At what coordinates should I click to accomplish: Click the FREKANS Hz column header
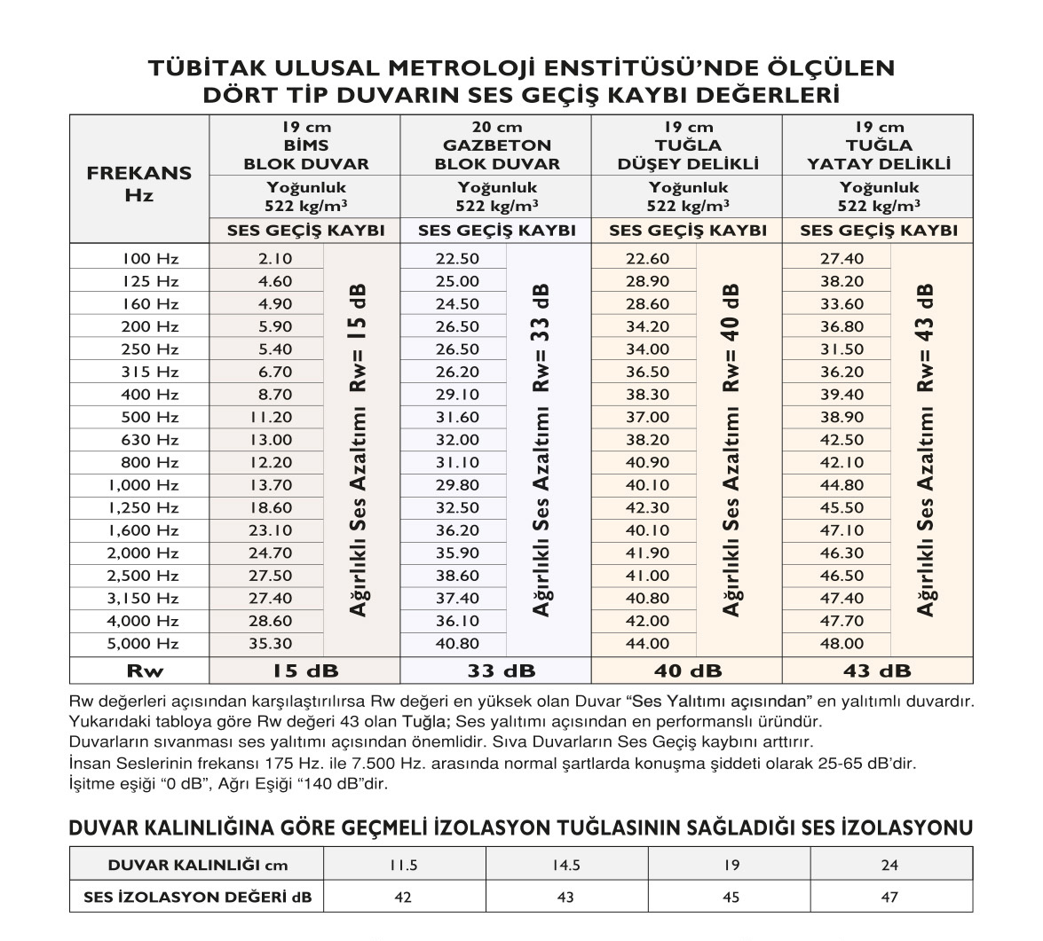click(138, 184)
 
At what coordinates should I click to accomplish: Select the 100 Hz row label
click(150, 259)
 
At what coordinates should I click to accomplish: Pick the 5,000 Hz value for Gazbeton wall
click(457, 644)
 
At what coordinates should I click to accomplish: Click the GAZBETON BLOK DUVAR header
click(496, 145)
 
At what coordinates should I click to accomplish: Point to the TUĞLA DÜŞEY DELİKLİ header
click(688, 145)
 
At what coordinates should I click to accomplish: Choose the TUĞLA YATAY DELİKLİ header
click(878, 145)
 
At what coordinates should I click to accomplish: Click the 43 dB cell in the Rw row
click(878, 670)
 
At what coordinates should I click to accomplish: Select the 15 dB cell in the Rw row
click(304, 670)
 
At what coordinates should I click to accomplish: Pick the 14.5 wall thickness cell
click(565, 865)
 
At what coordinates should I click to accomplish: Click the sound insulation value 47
click(890, 897)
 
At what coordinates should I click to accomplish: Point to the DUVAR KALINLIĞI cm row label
click(197, 865)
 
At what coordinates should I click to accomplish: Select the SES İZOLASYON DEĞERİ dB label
click(197, 897)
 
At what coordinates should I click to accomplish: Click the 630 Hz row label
click(150, 440)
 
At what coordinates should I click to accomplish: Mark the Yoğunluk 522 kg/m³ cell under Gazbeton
click(496, 196)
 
